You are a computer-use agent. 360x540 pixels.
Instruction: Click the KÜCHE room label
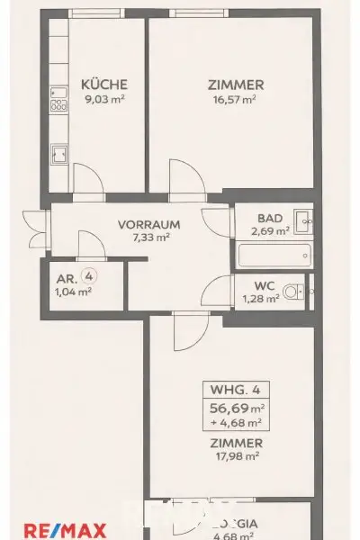tap(97, 85)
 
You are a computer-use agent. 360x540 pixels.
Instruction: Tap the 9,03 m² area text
tap(97, 99)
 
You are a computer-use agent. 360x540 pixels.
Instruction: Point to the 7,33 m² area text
tap(150, 238)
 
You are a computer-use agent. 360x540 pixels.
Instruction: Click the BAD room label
tap(269, 218)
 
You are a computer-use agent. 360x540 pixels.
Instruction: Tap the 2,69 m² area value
tap(269, 230)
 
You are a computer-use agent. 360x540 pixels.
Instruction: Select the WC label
tap(264, 287)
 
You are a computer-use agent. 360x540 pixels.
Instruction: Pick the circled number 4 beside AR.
tap(88, 276)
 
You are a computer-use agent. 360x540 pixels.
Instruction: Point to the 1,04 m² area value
tap(73, 291)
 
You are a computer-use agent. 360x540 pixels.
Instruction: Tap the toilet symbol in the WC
tap(292, 292)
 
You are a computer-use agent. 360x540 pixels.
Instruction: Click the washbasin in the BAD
tap(304, 217)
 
